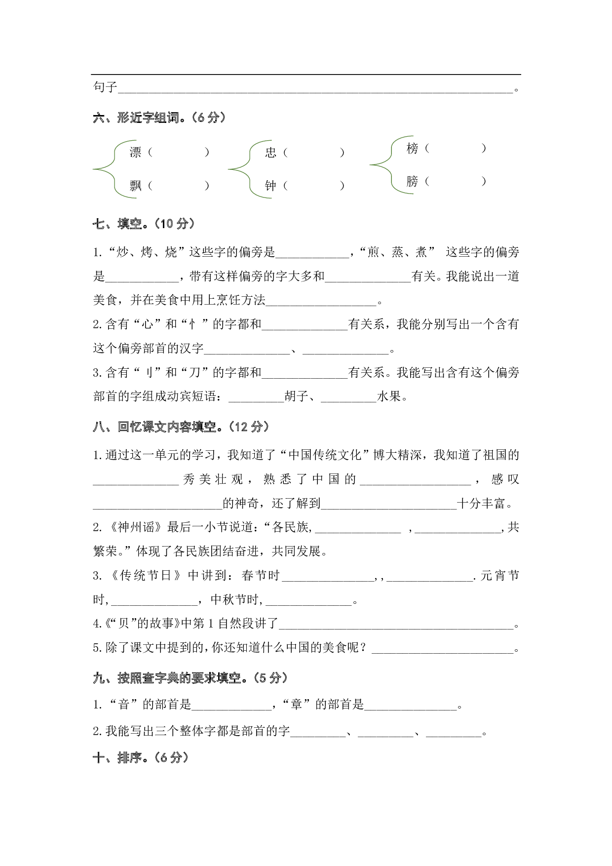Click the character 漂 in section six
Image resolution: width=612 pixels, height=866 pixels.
tap(135, 152)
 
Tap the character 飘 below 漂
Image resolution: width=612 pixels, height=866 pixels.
tap(135, 186)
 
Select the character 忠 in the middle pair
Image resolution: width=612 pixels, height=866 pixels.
tap(270, 152)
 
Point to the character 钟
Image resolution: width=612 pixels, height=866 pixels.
tap(270, 186)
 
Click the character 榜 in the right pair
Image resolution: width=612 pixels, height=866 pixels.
tap(412, 148)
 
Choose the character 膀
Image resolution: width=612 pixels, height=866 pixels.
tap(412, 181)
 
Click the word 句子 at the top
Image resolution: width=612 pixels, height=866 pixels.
tap(105, 87)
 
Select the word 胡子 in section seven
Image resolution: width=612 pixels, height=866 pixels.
tap(297, 396)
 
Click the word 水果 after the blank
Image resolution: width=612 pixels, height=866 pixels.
tap(389, 396)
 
